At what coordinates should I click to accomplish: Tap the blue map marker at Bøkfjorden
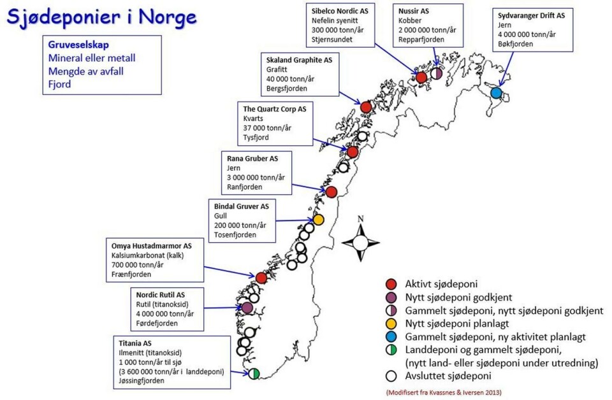pos(496,93)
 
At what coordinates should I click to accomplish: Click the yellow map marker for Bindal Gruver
pos(318,220)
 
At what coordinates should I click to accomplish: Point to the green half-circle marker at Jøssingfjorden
pos(254,374)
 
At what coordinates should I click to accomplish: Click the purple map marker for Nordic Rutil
pos(247,308)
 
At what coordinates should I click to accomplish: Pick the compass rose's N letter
pos(360,220)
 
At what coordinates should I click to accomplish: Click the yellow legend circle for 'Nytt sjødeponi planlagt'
pos(393,324)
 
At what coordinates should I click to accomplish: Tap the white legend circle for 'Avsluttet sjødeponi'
pos(393,376)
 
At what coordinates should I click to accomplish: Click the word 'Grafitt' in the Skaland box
pos(278,69)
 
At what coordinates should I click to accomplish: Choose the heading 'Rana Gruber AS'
pos(252,158)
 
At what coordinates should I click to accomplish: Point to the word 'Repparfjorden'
pos(421,39)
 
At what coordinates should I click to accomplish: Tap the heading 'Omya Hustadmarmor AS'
pos(150,245)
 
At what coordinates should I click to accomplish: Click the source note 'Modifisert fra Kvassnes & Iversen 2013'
pos(443,392)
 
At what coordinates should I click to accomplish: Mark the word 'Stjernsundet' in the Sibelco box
pos(332,39)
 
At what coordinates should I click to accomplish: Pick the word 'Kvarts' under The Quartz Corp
pos(253,118)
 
